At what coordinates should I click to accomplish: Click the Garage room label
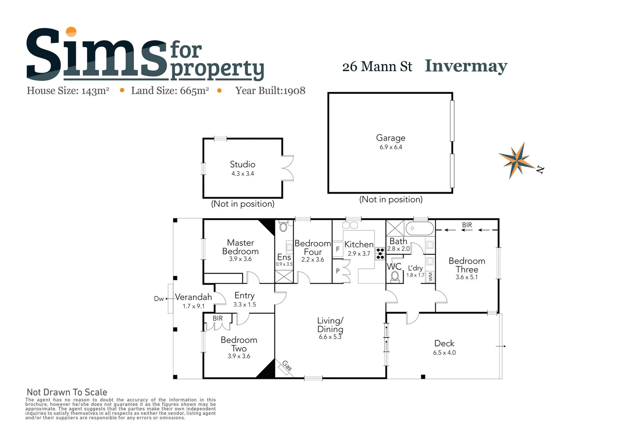coord(390,138)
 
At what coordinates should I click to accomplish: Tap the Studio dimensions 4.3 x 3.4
coord(243,174)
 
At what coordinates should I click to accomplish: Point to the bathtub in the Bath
coord(419,228)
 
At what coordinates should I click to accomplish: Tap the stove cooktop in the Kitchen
coord(380,253)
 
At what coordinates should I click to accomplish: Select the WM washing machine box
coord(430,277)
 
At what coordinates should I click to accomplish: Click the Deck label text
coord(444,343)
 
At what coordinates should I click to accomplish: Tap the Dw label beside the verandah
coord(159,299)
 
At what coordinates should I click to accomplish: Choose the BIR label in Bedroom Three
coord(467,225)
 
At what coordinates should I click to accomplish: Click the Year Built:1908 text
coord(270,91)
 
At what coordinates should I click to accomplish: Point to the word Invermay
coord(466,66)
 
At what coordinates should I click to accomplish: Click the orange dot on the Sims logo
coord(71,31)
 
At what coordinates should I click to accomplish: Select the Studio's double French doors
coord(288,168)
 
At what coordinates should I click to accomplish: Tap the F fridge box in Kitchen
coord(338,249)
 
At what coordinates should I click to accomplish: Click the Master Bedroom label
coord(240,247)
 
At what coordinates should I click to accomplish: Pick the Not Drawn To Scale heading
coord(67,392)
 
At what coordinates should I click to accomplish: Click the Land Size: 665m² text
coord(170,91)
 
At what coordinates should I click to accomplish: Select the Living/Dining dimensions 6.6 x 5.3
coord(330,337)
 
